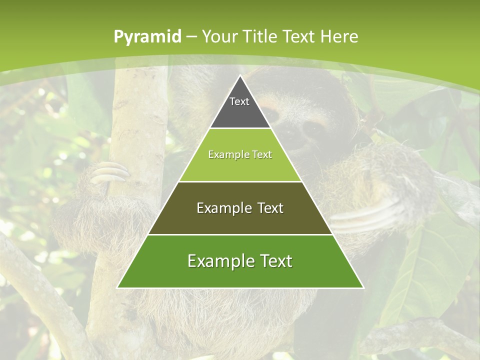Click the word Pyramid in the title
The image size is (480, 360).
tap(147, 37)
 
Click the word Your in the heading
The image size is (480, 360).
tap(219, 36)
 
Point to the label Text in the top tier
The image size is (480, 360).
tap(239, 101)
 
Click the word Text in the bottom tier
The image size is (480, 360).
tap(275, 261)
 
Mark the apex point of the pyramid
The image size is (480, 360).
tap(240, 75)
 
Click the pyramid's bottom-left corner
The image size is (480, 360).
tap(117, 287)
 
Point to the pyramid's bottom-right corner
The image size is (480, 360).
tap(363, 287)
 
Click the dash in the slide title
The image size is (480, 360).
tap(191, 37)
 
